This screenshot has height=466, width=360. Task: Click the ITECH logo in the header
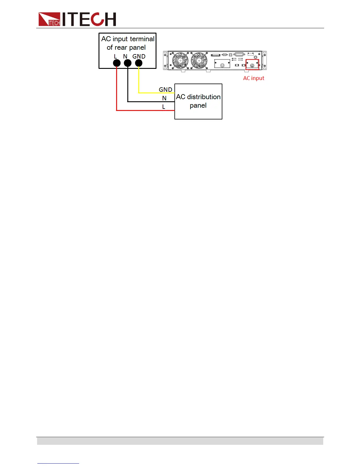pyautogui.click(x=77, y=19)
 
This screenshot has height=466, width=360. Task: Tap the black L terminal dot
pyautogui.click(x=117, y=63)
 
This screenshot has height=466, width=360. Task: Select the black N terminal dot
pyautogui.click(x=128, y=63)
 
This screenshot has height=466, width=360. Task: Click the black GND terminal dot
pyautogui.click(x=139, y=63)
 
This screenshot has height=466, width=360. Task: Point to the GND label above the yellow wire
pyautogui.click(x=165, y=89)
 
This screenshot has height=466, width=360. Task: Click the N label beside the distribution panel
pyautogui.click(x=164, y=98)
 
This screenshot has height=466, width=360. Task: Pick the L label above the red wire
pyautogui.click(x=164, y=107)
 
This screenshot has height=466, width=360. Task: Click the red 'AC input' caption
pyautogui.click(x=254, y=78)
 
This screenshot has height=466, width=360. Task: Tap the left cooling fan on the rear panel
pyautogui.click(x=180, y=60)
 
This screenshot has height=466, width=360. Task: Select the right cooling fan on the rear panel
pyautogui.click(x=199, y=60)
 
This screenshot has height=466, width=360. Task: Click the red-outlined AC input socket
pyautogui.click(x=252, y=65)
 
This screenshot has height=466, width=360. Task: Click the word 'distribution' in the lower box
pyautogui.click(x=204, y=97)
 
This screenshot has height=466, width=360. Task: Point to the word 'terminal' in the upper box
pyautogui.click(x=142, y=39)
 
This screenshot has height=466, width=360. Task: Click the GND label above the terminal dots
pyautogui.click(x=139, y=56)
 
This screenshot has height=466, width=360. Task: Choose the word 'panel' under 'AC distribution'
pyautogui.click(x=198, y=105)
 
